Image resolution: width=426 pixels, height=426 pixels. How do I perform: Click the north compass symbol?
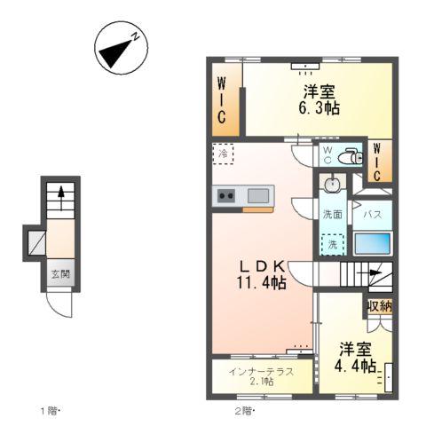pos(121,51)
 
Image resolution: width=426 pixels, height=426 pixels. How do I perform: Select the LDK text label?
pos(258,264)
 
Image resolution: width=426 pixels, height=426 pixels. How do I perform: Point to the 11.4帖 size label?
pos(260,283)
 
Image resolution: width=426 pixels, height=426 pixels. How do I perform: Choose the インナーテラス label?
pos(261,371)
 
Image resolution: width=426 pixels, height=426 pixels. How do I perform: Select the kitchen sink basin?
pos(259,195)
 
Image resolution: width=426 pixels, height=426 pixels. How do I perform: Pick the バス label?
pos(373,214)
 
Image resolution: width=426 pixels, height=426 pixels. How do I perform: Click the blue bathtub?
pos(372,243)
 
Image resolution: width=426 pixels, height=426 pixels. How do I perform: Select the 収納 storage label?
pos(379,305)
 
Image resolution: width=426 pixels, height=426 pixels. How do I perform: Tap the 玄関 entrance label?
pos(59,274)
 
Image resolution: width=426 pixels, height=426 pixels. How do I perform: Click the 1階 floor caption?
pos(48,410)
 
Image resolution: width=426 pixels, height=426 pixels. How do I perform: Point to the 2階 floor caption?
pos(244,410)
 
